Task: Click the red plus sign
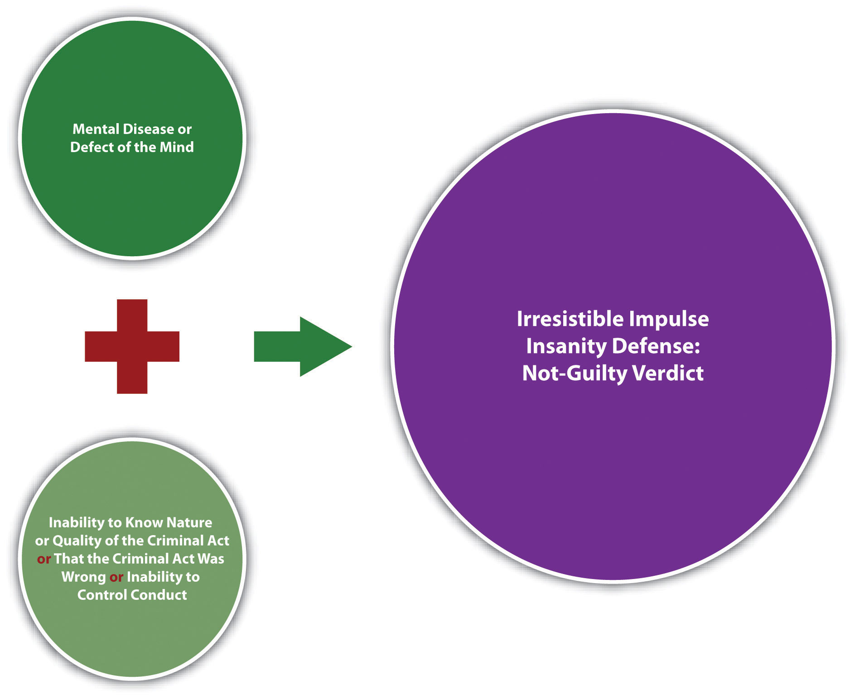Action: pos(132,346)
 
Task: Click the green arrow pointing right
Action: pos(303,346)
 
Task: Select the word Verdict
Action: pos(668,373)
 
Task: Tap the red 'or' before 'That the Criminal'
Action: pos(44,559)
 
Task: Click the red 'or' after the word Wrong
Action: pos(116,577)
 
